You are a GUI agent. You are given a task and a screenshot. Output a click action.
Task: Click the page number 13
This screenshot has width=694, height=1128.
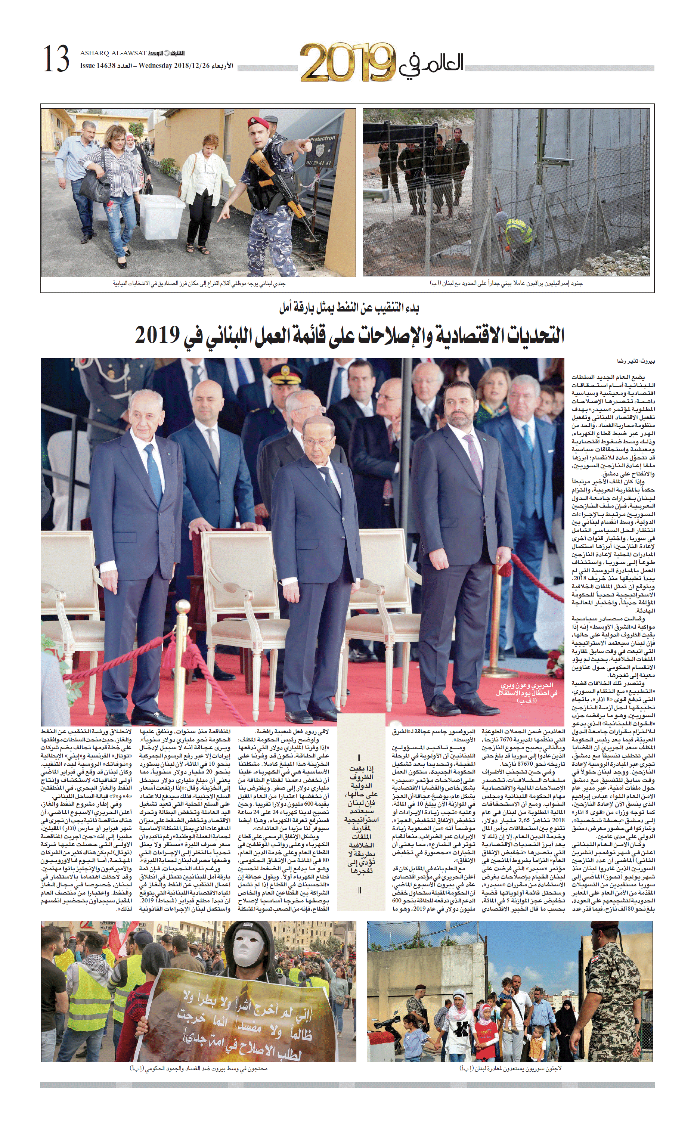[56, 59]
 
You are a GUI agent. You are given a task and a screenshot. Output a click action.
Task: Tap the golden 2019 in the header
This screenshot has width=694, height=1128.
[347, 62]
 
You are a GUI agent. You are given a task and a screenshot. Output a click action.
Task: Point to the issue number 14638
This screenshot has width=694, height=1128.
[105, 66]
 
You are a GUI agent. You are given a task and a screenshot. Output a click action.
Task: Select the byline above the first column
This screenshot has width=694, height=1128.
[636, 361]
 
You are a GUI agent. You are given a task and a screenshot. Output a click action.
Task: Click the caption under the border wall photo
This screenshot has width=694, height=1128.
[506, 283]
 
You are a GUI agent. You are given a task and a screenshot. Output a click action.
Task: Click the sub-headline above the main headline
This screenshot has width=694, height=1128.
[349, 307]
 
